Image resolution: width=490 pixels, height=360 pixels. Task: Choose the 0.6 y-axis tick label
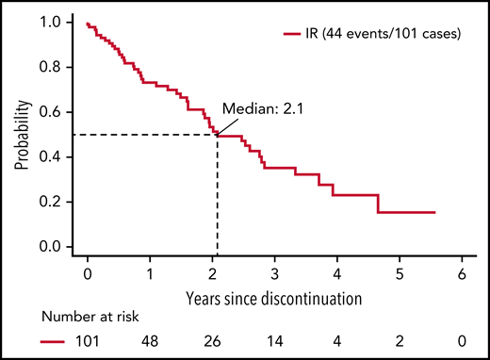pyautogui.click(x=57, y=112)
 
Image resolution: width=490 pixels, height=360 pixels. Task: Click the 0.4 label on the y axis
pyautogui.click(x=57, y=157)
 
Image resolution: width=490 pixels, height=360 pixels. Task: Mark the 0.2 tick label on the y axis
pyautogui.click(x=57, y=202)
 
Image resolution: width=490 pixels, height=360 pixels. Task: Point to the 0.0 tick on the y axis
pyautogui.click(x=57, y=247)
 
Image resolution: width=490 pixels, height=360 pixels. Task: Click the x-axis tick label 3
pyautogui.click(x=274, y=276)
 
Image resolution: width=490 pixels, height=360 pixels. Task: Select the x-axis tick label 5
pyautogui.click(x=399, y=276)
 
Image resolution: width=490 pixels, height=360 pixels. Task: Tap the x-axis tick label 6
pyautogui.click(x=461, y=276)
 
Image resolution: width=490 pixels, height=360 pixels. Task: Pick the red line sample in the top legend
pyautogui.click(x=290, y=34)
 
